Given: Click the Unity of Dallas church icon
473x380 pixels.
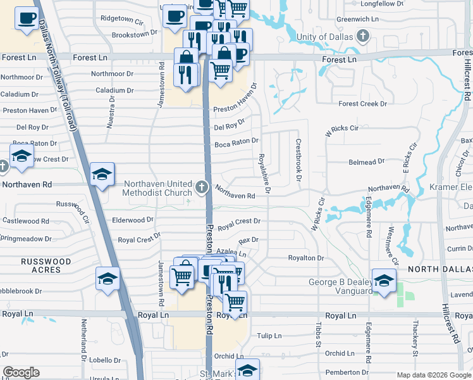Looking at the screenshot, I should (x=363, y=35).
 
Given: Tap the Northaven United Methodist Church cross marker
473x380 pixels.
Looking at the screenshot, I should (x=201, y=187).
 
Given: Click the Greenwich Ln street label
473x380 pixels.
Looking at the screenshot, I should (x=357, y=19).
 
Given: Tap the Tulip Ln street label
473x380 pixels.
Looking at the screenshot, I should (x=268, y=336).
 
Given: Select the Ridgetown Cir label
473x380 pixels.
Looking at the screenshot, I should (x=121, y=20).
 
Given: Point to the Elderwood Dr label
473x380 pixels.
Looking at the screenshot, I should (x=133, y=220).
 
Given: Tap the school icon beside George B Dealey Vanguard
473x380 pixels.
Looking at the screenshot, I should (x=384, y=279).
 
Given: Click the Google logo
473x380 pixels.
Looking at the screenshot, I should (x=21, y=372).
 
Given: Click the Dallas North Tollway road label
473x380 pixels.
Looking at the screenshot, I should (x=59, y=76).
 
